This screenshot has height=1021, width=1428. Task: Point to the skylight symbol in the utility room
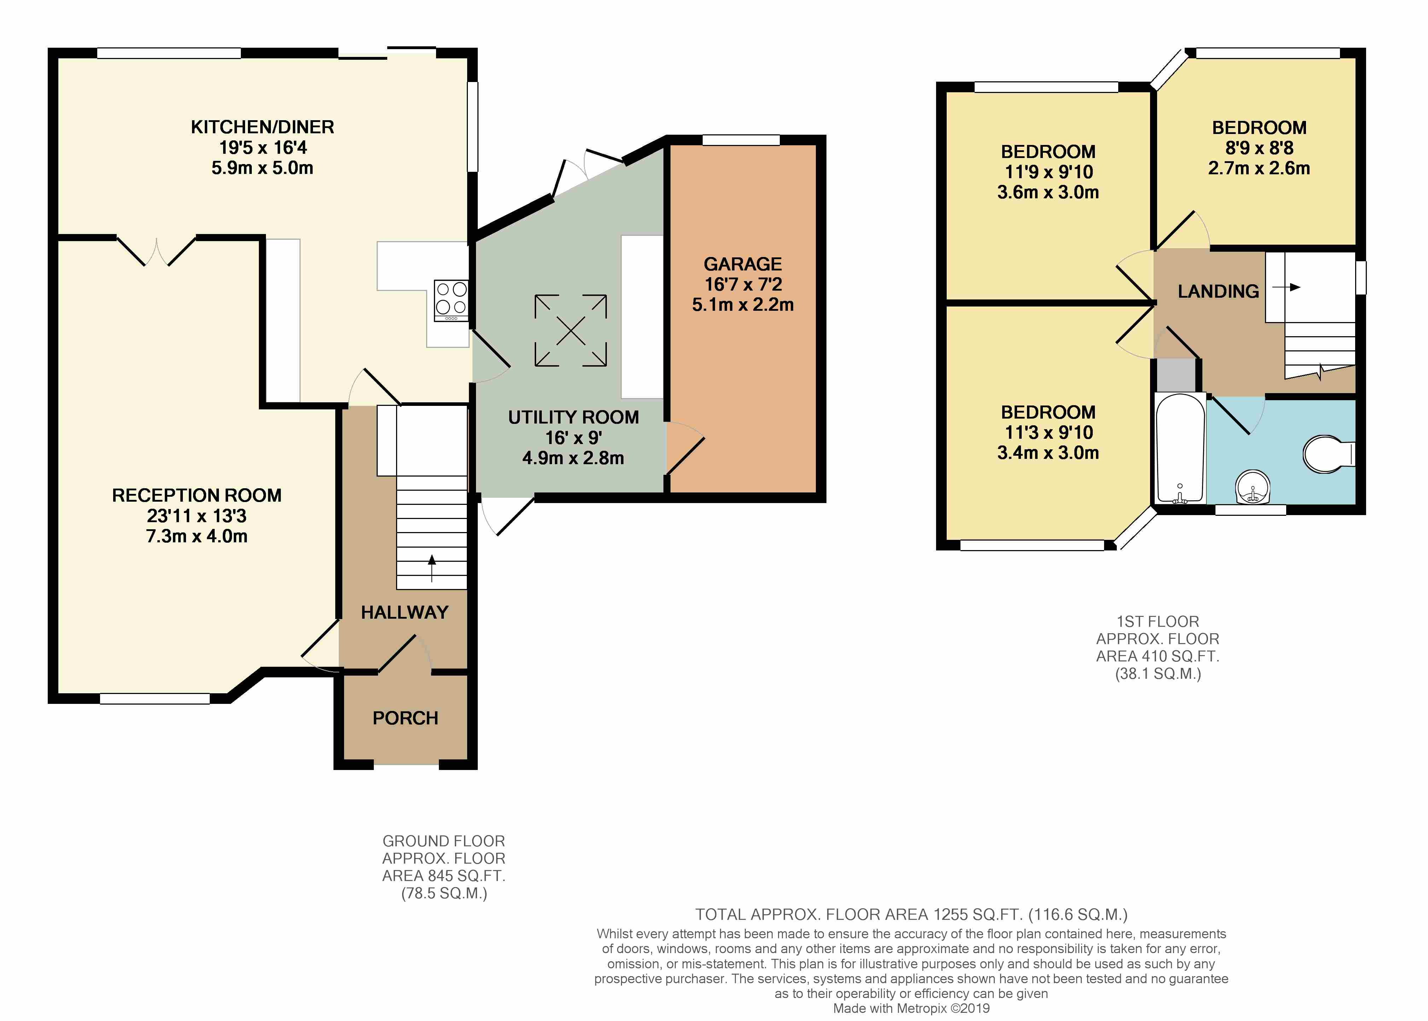(x=571, y=330)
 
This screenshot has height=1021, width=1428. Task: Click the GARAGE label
(x=743, y=264)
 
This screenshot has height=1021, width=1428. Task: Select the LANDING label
(x=1218, y=291)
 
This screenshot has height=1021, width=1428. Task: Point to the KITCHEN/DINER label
(x=262, y=127)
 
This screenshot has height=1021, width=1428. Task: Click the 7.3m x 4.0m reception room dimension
(x=197, y=536)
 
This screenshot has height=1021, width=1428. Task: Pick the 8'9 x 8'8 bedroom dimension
(x=1259, y=148)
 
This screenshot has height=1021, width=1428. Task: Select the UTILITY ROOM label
(x=574, y=418)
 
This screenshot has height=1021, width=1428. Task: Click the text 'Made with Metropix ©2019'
(x=911, y=1008)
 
